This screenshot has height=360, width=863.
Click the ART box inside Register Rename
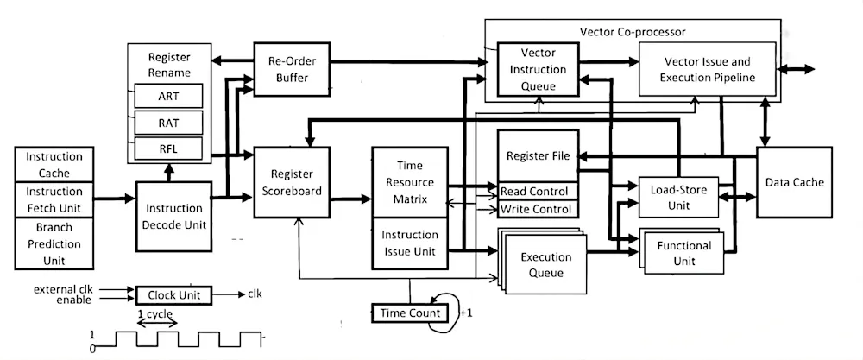point(168,96)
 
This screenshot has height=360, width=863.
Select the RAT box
point(168,123)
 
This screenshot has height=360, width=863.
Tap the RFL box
point(168,149)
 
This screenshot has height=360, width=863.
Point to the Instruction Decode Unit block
point(174,216)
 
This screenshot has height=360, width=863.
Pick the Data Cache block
point(794,182)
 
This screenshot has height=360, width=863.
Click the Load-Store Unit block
point(678,198)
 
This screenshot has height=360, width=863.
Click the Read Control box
point(535,191)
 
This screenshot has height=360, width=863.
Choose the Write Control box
point(535,209)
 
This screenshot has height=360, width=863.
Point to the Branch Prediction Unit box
point(54,243)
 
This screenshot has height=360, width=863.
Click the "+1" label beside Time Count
point(467,313)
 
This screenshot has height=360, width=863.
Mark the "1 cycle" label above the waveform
point(157,313)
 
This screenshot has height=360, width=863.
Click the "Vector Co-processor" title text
point(633,32)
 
